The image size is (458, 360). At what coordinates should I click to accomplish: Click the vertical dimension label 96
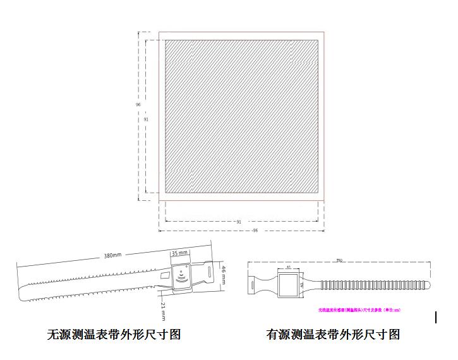(x=138, y=104)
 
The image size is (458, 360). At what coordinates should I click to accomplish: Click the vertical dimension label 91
(x=146, y=119)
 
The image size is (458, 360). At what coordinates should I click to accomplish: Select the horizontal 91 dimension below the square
(x=239, y=222)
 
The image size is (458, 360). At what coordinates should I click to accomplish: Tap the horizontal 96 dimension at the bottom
(x=255, y=231)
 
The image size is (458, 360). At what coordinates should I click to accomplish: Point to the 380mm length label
(x=112, y=255)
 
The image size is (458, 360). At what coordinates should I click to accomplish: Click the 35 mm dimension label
(x=180, y=253)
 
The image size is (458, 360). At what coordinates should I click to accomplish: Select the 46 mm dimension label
(x=223, y=275)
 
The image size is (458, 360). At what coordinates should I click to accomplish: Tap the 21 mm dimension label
(x=162, y=309)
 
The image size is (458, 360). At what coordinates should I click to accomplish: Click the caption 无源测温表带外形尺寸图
(x=114, y=334)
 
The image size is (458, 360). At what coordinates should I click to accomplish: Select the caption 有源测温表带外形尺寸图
(x=333, y=334)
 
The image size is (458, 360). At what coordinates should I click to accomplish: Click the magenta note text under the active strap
(x=359, y=310)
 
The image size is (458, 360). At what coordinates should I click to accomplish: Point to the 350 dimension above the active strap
(x=339, y=260)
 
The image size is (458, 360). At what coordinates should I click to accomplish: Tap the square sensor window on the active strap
(x=289, y=285)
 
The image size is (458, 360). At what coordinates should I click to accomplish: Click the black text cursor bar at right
(x=436, y=317)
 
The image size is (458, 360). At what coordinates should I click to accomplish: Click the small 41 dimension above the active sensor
(x=289, y=267)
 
